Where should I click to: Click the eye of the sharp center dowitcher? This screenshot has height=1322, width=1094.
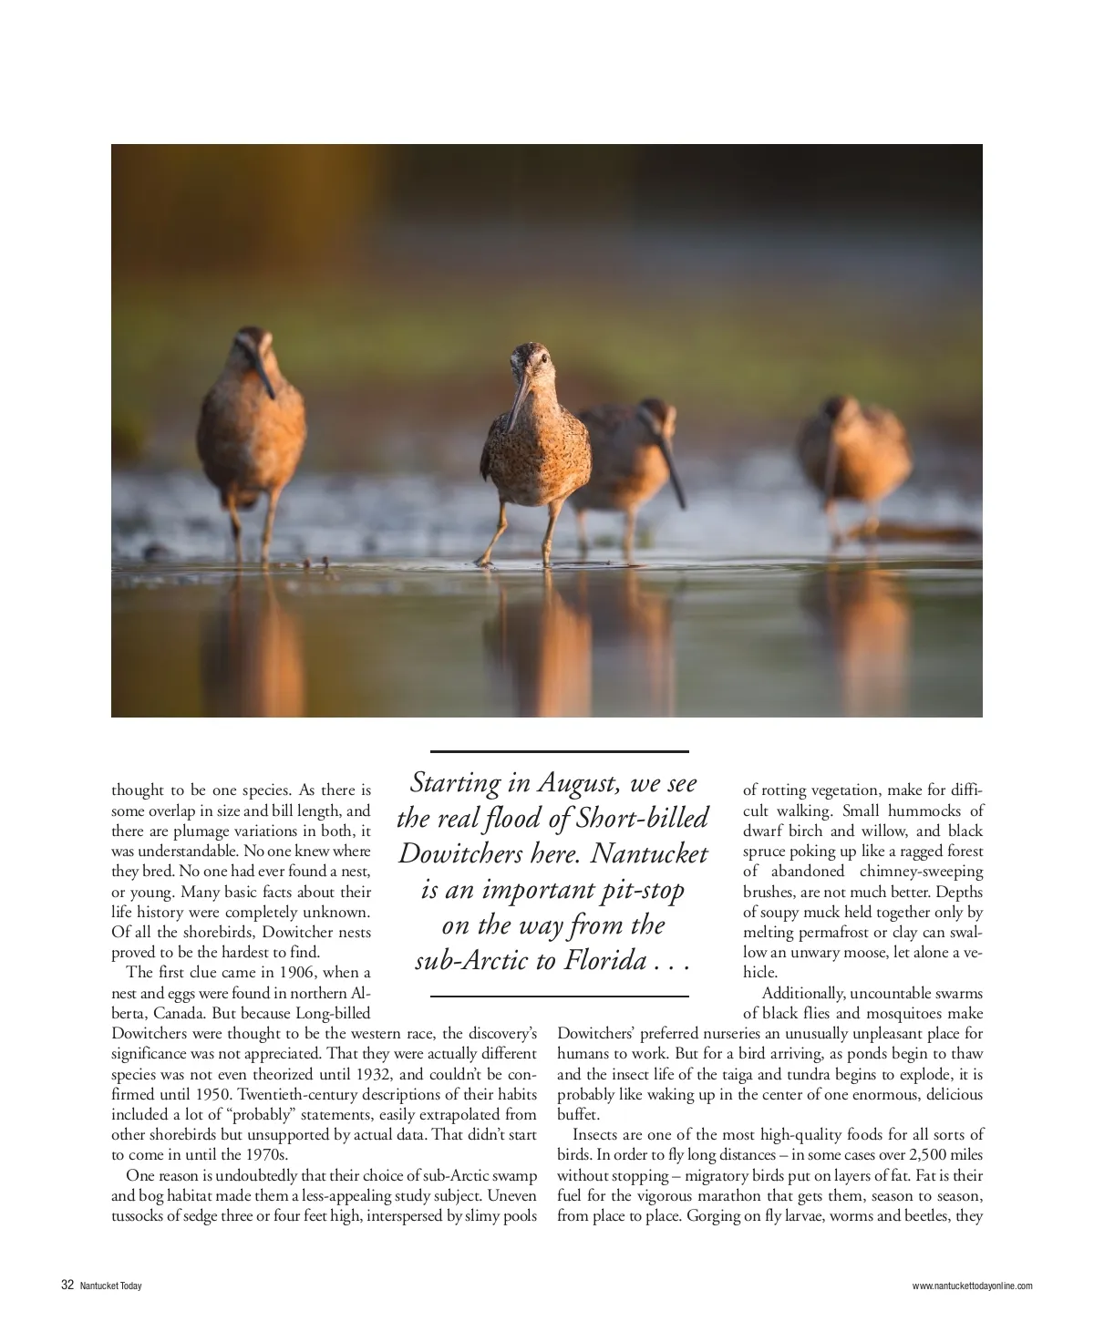click(x=544, y=358)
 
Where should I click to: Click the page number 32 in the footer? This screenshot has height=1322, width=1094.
click(x=67, y=1286)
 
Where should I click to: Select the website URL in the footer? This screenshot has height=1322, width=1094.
click(x=972, y=1286)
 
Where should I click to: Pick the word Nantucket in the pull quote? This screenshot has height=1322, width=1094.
click(x=649, y=854)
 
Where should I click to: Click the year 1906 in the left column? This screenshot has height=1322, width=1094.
click(x=297, y=973)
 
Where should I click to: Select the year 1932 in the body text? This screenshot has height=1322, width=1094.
click(x=374, y=1074)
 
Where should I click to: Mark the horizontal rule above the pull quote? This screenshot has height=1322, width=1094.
click(x=559, y=751)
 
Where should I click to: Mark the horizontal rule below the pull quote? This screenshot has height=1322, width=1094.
click(x=559, y=997)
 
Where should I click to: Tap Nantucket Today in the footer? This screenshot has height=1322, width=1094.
click(x=110, y=1286)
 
